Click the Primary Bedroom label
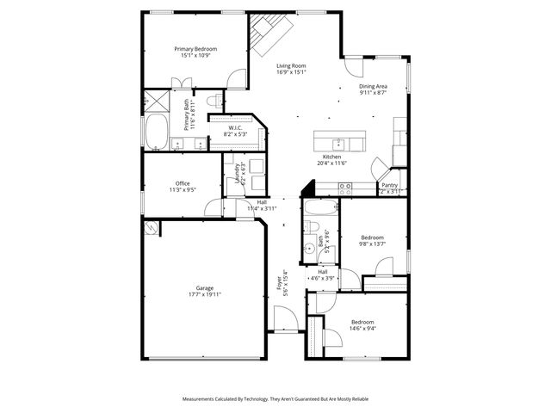click(x=195, y=49)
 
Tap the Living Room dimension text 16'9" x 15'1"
click(x=291, y=72)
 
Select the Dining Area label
click(x=373, y=87)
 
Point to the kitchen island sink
click(x=340, y=142)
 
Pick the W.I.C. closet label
click(x=236, y=129)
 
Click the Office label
click(x=183, y=183)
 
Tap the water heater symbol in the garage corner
click(x=152, y=227)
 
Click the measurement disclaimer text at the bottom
click(x=275, y=399)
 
